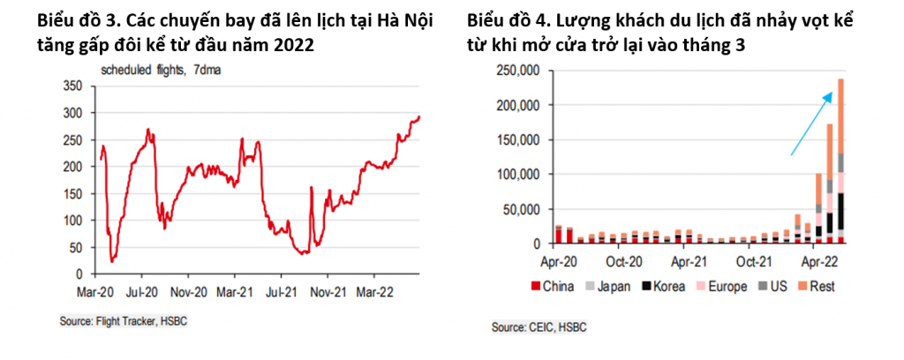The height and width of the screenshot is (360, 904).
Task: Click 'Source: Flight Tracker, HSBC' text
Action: tap(124, 322)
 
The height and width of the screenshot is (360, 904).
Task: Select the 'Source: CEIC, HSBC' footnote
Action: tap(539, 327)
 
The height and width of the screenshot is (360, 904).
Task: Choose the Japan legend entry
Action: tap(614, 287)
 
